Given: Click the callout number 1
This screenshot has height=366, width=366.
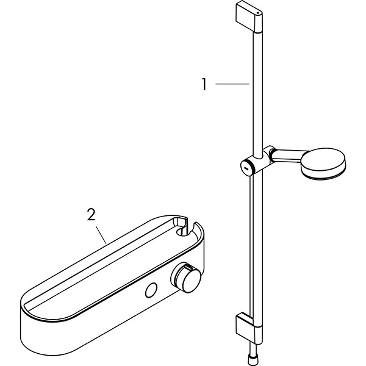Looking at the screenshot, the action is pos(204,84).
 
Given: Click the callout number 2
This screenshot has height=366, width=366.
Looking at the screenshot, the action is pos(91,215).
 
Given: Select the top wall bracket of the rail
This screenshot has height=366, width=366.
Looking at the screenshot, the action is pos(249,17).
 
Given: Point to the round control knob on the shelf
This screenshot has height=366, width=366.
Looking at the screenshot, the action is pos(186,278).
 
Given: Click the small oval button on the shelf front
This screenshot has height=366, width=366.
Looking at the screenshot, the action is pos(151,290).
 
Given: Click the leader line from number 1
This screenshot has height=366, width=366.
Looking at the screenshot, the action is pos(232,84).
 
